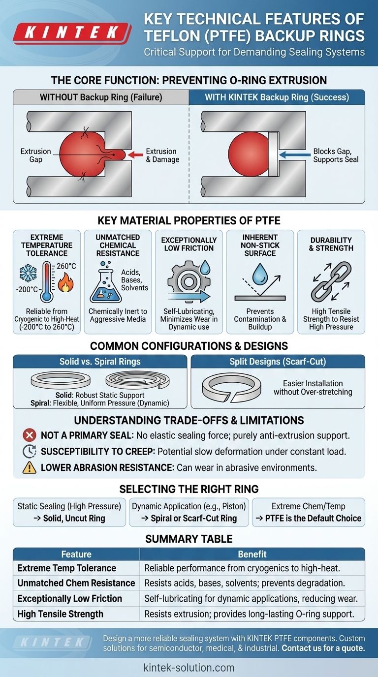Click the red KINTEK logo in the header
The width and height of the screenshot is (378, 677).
(72, 32)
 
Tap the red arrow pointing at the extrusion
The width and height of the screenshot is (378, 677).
(135, 155)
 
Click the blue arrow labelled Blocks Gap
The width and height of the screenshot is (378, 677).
(295, 155)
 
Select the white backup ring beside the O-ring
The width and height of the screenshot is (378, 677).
(273, 154)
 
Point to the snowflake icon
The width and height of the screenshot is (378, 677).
(28, 273)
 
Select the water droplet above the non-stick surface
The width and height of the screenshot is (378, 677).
(259, 273)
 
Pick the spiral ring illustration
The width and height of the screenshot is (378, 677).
(137, 380)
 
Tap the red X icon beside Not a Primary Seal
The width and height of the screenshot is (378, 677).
(30, 435)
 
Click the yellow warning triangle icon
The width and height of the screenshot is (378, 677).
(30, 467)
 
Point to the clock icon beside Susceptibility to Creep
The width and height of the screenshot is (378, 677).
(30, 451)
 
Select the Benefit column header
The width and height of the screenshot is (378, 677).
(252, 554)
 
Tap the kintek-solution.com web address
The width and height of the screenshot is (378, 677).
(189, 667)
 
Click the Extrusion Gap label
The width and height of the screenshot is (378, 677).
(35, 155)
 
